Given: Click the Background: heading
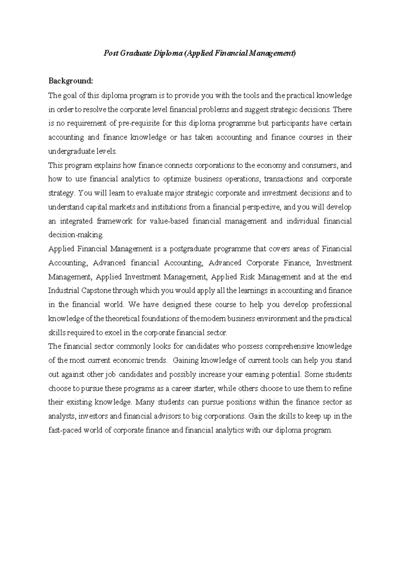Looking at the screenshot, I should tap(70, 81).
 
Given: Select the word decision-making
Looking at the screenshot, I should tap(76, 235).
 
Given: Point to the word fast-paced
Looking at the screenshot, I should tap(64, 430).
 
